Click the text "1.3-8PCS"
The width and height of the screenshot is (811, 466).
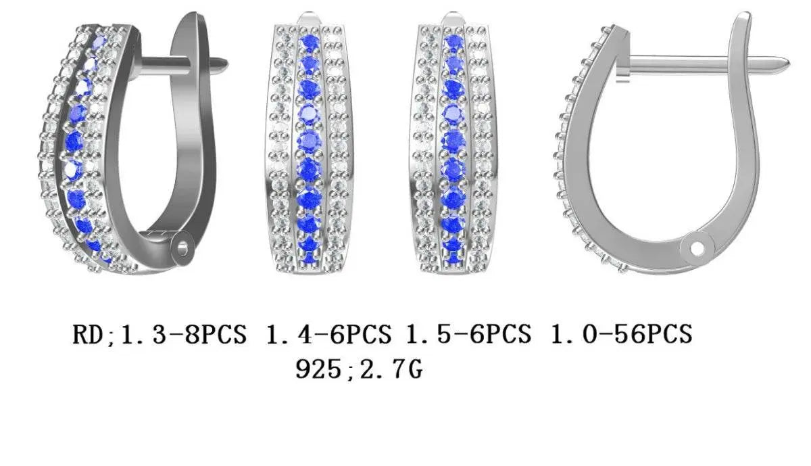183,334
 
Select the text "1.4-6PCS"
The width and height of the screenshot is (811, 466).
328,334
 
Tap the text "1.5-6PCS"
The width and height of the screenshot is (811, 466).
468,334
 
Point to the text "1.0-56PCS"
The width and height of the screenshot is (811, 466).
621,334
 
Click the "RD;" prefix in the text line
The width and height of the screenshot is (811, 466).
94,335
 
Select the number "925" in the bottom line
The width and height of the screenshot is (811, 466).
318,369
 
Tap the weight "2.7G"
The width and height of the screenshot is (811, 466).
391,369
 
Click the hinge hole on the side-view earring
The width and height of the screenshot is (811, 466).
697,249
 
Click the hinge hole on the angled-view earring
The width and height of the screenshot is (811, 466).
183,249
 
